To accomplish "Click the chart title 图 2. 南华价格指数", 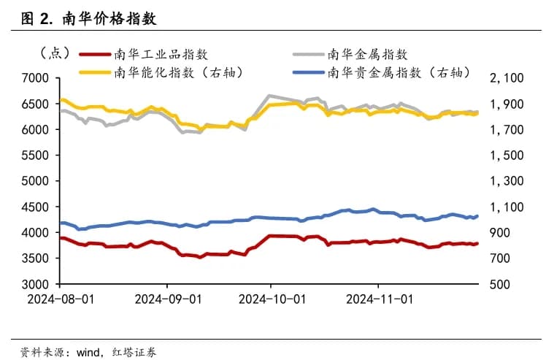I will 89,18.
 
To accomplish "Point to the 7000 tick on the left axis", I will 36,78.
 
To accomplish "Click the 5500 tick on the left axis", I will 36,156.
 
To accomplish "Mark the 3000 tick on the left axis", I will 36,284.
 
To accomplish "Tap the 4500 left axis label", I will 36,207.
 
